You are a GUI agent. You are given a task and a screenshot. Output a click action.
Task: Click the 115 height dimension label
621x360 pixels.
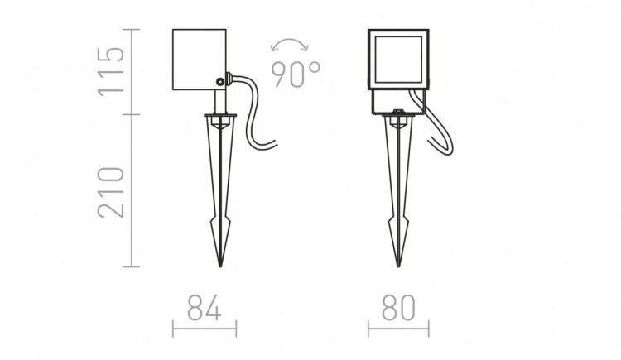click(111, 71)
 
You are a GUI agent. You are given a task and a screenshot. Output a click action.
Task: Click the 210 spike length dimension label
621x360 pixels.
click(111, 192)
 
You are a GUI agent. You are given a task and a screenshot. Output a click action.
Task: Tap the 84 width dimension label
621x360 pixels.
click(205, 308)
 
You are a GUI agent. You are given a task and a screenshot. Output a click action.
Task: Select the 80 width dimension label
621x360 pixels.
click(399, 308)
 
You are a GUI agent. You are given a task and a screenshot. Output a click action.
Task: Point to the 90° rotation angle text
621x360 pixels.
click(296, 74)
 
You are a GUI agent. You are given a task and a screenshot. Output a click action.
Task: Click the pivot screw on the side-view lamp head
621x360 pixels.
click(219, 82)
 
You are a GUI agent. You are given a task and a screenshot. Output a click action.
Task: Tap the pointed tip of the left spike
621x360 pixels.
click(220, 266)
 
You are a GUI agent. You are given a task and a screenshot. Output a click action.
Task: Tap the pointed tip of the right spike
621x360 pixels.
click(398, 266)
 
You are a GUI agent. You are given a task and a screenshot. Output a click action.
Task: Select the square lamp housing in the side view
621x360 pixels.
click(200, 60)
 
